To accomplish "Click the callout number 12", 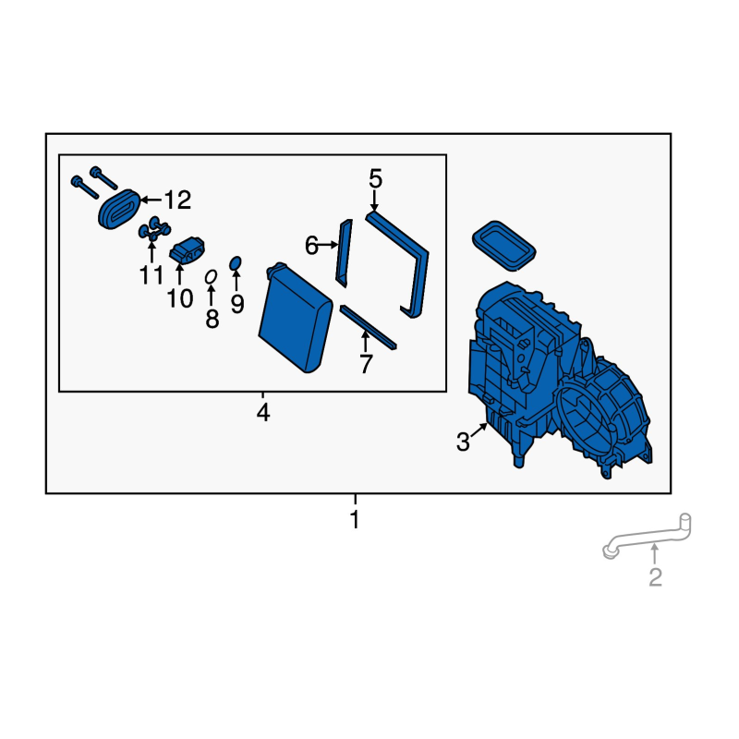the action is click(177, 200).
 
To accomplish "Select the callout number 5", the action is click(375, 179).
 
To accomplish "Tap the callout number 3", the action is click(463, 442).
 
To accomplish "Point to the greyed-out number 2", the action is click(655, 576).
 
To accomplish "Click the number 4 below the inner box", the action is click(263, 412).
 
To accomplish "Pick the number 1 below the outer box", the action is click(355, 519).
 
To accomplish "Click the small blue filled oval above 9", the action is click(236, 263).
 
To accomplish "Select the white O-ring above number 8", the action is click(211, 276).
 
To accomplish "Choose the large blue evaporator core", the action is click(296, 318).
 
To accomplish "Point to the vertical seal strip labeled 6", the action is click(344, 253).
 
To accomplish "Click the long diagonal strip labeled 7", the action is click(368, 327).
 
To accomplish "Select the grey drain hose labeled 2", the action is click(647, 537).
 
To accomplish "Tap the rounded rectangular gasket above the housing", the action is click(503, 245).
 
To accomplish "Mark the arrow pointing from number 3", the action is click(479, 430).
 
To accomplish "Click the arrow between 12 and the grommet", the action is click(151, 200).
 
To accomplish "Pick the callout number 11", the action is click(151, 274).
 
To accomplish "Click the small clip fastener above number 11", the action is click(154, 228).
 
